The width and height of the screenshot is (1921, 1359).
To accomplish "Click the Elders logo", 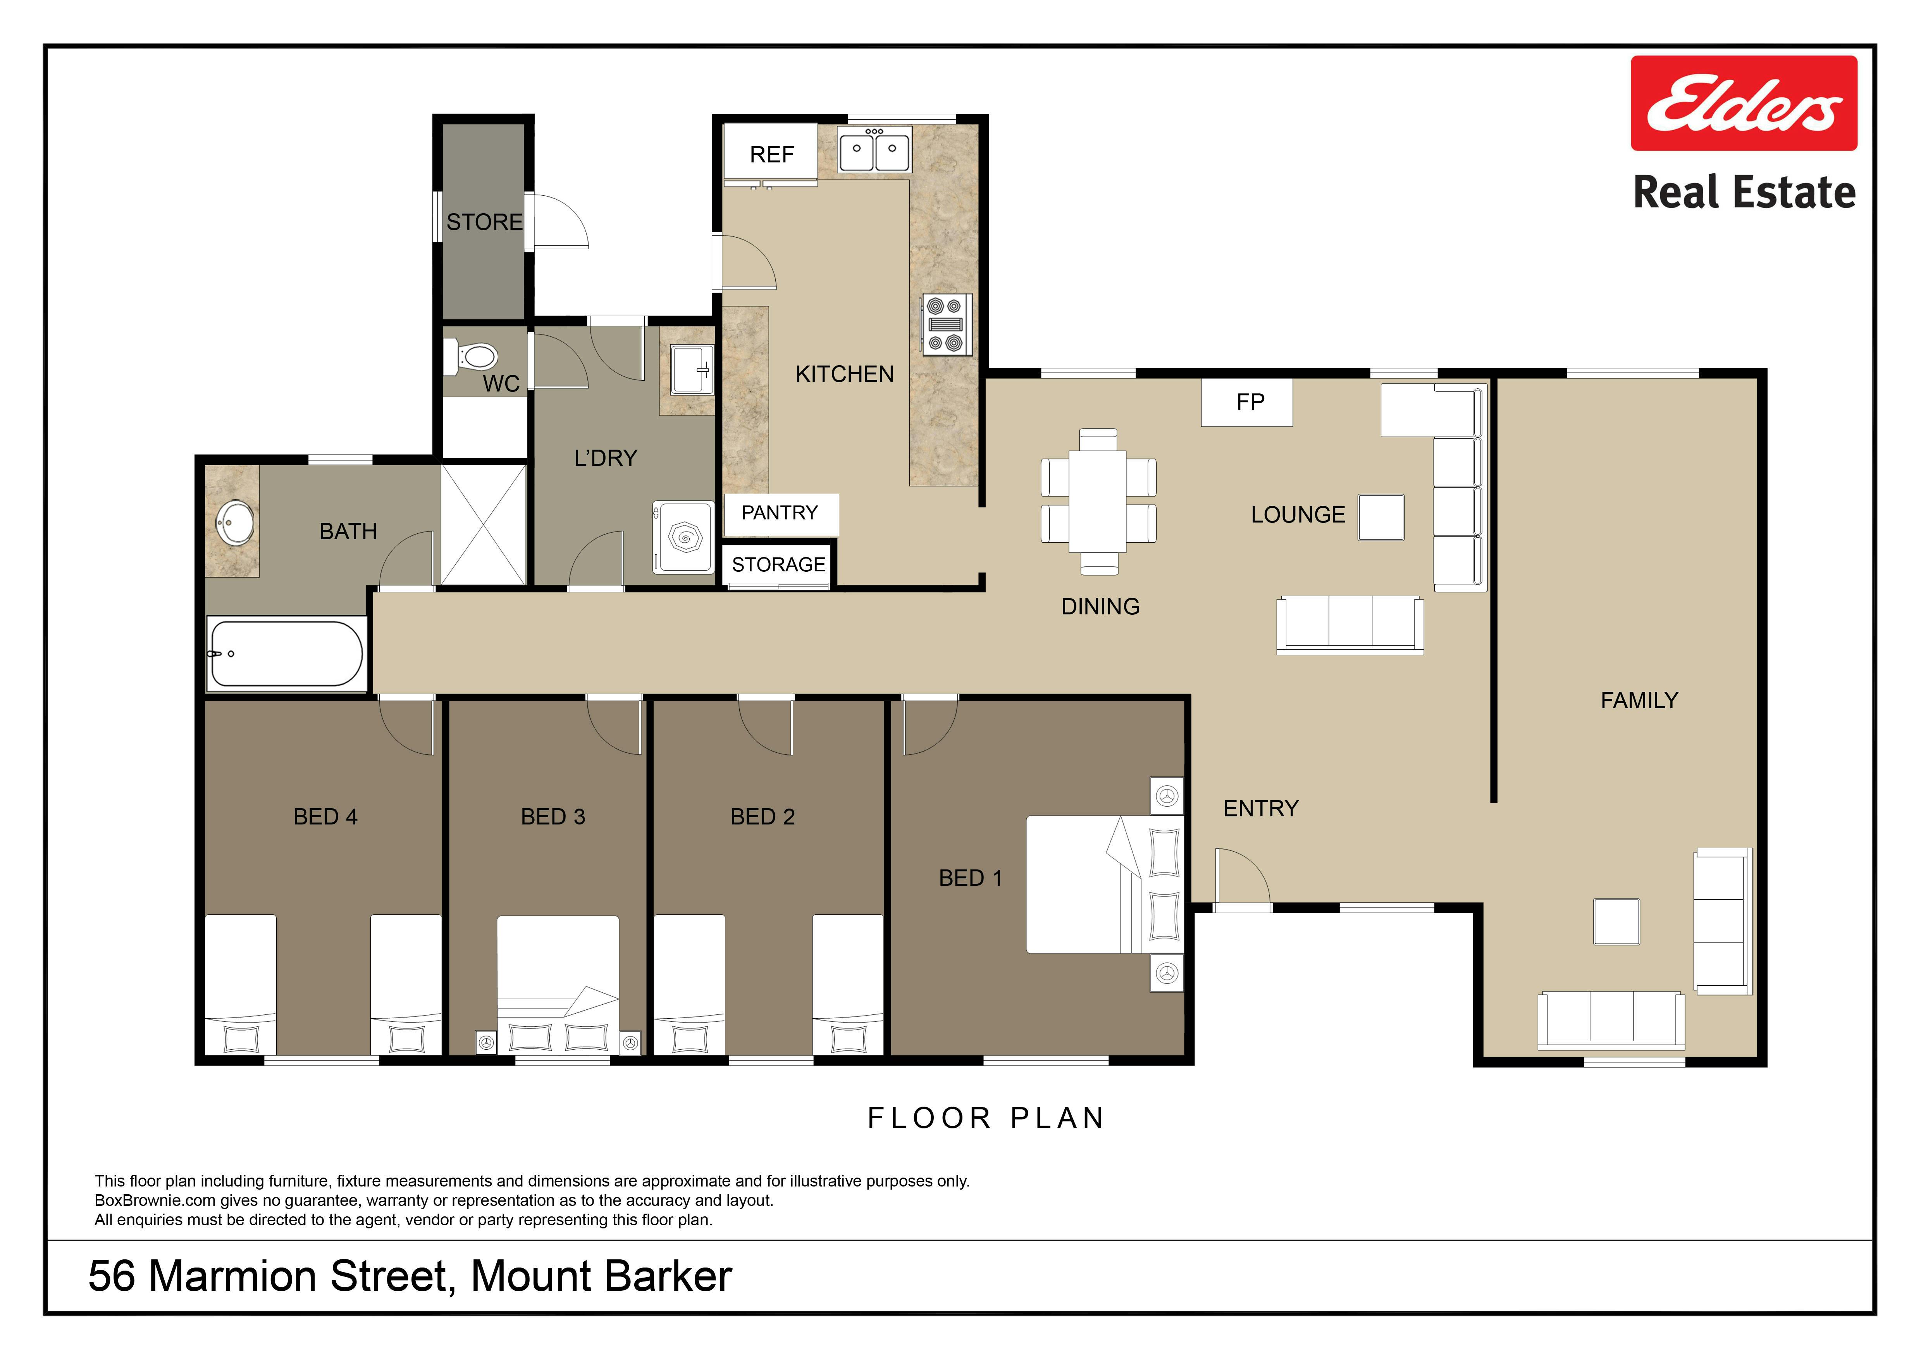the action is coord(1744,103).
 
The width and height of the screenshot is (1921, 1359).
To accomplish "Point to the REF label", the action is coord(771,155).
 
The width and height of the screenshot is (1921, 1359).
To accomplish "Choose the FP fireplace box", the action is coord(1247,402).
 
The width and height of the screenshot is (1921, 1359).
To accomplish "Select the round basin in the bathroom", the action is coord(235,523).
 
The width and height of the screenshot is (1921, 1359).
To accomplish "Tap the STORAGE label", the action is coord(778,565).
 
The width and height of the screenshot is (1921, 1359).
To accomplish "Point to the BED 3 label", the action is coord(553,817).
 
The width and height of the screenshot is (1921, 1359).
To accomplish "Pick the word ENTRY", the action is coord(1261,808).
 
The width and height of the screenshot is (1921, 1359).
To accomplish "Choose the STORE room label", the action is coord(484,222).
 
